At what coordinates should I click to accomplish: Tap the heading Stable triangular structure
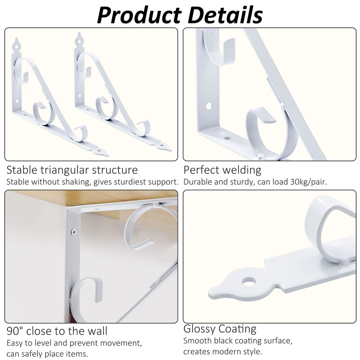point(72,170)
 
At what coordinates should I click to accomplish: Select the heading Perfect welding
point(222,170)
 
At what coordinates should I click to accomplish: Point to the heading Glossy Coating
point(220,328)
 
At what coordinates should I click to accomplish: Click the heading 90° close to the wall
point(57,332)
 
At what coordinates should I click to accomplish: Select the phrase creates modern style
point(223,351)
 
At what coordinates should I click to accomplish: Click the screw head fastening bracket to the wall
point(73,232)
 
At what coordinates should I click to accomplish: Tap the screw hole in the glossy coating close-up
point(247,282)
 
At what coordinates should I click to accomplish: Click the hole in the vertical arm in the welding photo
point(209,106)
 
